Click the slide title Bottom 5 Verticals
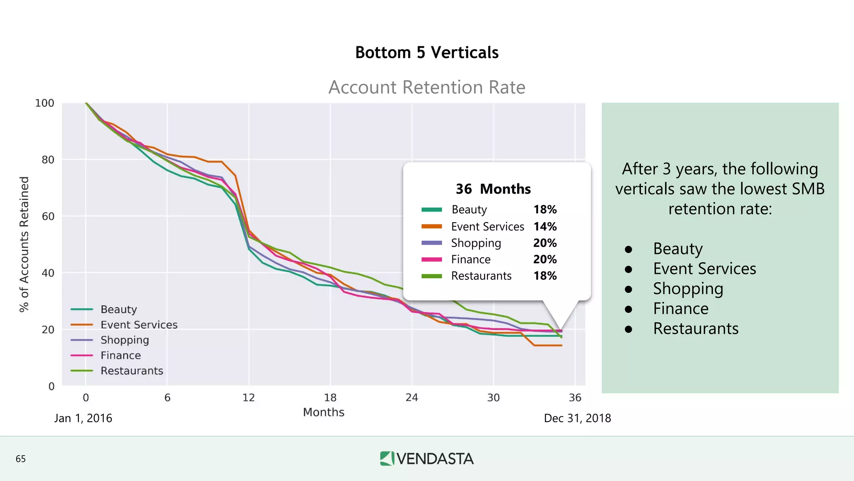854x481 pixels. point(427,53)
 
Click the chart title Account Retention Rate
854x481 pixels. point(427,87)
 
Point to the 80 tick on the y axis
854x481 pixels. point(48,160)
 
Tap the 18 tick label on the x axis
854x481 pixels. point(330,397)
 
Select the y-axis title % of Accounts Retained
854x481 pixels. point(24,244)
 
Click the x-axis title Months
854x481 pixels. point(324,413)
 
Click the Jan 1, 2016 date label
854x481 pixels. point(83,418)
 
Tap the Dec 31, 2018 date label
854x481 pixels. point(577,418)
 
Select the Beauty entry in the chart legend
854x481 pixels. point(118,309)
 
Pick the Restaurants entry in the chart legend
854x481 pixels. point(131,371)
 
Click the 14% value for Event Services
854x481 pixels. point(545,227)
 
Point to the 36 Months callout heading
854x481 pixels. point(493,189)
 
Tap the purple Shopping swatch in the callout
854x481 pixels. point(432,243)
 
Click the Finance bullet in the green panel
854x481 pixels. point(681,309)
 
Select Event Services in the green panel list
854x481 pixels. point(704,269)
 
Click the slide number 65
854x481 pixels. point(20,459)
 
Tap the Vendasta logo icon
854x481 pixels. point(387,458)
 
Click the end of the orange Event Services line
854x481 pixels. point(561,345)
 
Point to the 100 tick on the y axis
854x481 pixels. point(45,103)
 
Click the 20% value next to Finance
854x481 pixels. point(545,259)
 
